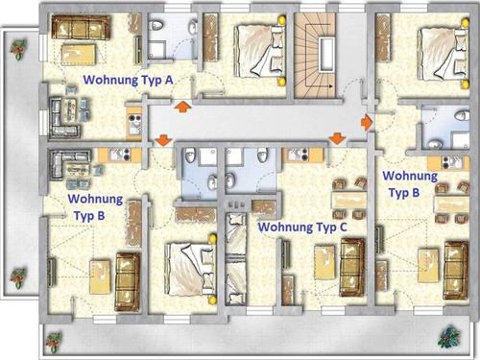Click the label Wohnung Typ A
tap(128, 80)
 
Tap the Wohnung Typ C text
tap(302, 227)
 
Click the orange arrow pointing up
tap(182, 107)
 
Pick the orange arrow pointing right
tap(366, 122)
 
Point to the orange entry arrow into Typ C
tap(337, 139)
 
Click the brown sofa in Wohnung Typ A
tap(81, 28)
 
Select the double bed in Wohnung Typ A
tap(259, 51)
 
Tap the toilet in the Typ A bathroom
tap(156, 25)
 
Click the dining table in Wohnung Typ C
tap(348, 200)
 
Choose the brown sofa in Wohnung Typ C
tap(352, 268)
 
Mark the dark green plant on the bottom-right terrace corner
tap(449, 337)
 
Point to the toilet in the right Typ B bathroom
tap(463, 115)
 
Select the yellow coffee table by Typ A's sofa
tap(79, 55)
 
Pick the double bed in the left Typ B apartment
tap(190, 269)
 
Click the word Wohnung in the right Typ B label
tap(410, 176)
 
